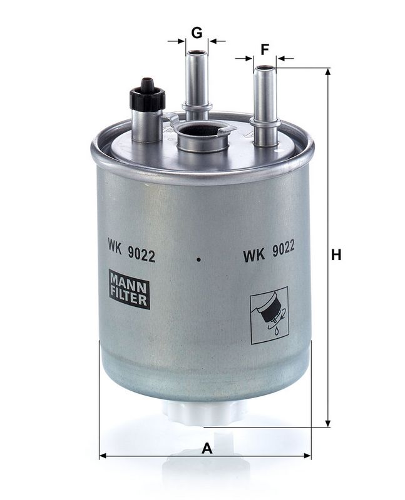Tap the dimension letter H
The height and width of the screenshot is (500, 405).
[x=336, y=255]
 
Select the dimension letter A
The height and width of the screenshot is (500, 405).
[x=206, y=448]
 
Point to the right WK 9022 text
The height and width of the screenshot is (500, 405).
[x=269, y=255]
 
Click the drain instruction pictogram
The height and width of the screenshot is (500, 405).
[x=269, y=315]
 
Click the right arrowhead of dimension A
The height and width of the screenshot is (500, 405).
[x=307, y=456]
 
